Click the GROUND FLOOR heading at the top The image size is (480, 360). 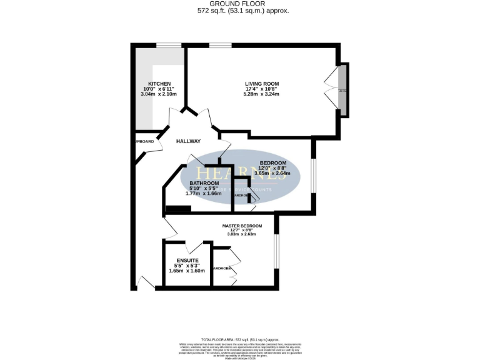click(x=239, y=4)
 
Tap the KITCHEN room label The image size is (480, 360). click(x=159, y=84)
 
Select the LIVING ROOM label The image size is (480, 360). click(x=261, y=84)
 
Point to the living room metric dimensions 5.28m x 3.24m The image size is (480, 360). click(x=261, y=94)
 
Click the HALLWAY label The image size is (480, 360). click(x=187, y=141)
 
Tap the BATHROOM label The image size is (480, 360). click(x=204, y=183)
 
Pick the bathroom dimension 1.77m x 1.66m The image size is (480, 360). click(x=204, y=194)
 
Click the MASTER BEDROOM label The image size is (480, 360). click(x=242, y=226)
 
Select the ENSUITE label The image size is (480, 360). click(x=187, y=260)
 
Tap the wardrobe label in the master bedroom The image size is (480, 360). click(x=222, y=268)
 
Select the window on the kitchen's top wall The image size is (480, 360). click(x=168, y=44)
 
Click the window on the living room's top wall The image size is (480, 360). click(x=220, y=44)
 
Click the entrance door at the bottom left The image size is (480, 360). click(x=145, y=282)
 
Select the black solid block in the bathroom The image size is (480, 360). click(x=178, y=209)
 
